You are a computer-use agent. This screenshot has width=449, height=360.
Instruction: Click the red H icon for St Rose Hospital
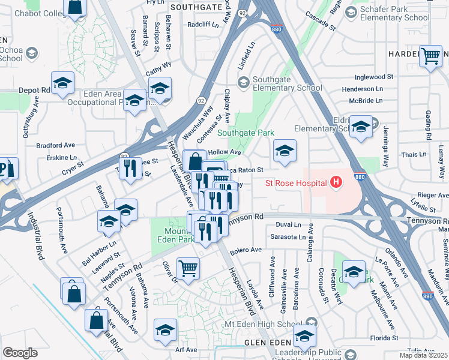point(336,182)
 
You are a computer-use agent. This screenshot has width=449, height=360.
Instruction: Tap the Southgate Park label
point(246,133)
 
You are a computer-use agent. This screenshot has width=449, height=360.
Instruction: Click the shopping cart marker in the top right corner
point(430,56)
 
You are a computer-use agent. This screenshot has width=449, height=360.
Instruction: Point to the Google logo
point(20,352)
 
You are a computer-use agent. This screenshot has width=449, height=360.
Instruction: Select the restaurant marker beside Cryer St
point(130,169)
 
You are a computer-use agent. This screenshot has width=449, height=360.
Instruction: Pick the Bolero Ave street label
point(247,250)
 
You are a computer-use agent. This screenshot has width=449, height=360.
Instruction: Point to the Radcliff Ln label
point(203,25)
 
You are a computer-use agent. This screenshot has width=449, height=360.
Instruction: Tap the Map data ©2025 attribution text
point(423,355)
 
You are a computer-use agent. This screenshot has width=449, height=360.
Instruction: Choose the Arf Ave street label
point(186,349)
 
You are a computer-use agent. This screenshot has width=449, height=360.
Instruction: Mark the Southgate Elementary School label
point(287,83)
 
